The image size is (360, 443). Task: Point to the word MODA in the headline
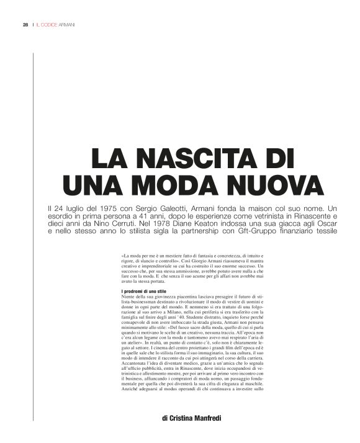click(x=181, y=184)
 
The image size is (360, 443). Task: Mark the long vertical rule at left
click(x=32, y=236)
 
